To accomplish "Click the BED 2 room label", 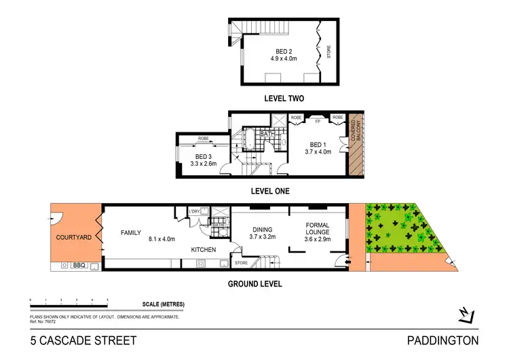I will click(284, 52).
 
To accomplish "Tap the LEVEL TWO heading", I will click(284, 98).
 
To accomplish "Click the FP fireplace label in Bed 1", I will click(317, 122).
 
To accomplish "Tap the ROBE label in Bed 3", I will click(203, 139).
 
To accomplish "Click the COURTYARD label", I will click(74, 238).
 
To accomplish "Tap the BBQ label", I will click(79, 266).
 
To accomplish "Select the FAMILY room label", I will click(131, 232).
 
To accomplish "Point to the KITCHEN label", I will click(203, 250).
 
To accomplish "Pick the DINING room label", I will click(262, 230).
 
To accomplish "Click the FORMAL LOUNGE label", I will click(317, 230).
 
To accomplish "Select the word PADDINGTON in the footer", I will click(443, 341).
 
